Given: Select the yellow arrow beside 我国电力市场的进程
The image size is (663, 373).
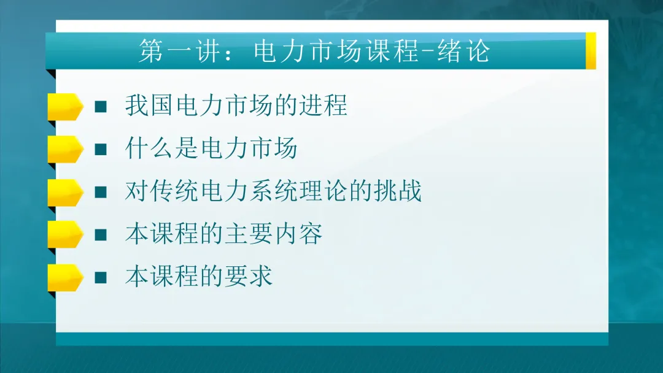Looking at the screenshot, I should (x=64, y=107).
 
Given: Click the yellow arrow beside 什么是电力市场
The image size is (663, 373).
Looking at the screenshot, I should (x=64, y=149).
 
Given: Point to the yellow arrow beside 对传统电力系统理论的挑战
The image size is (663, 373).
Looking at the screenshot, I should (x=64, y=192).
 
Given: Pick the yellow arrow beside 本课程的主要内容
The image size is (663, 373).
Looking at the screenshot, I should (x=64, y=234).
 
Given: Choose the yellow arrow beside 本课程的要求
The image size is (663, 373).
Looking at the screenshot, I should (x=64, y=277).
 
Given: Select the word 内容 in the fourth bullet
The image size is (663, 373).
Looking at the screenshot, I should (x=298, y=234).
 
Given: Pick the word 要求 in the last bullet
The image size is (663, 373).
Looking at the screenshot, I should (x=248, y=277).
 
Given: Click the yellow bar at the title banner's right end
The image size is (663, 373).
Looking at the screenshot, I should (x=591, y=50).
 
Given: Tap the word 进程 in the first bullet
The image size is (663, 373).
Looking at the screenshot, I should (x=323, y=106).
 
